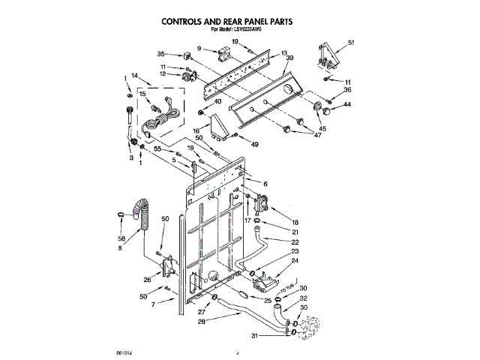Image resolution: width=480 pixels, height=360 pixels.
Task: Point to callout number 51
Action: tap(351, 43)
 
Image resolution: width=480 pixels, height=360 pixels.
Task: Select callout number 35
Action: tap(161, 54)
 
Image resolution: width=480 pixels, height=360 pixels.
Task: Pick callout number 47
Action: tap(316, 135)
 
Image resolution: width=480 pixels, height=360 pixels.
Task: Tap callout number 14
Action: tap(135, 76)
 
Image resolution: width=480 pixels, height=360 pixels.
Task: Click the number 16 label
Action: tap(196, 130)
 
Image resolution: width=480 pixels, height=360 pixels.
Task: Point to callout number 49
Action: tap(255, 144)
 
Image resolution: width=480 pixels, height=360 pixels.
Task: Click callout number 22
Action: tap(295, 241)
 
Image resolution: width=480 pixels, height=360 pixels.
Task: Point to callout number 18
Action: tap(295, 223)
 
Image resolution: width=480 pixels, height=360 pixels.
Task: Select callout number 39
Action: tap(289, 58)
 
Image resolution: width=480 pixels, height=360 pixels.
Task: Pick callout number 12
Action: tap(163, 73)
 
